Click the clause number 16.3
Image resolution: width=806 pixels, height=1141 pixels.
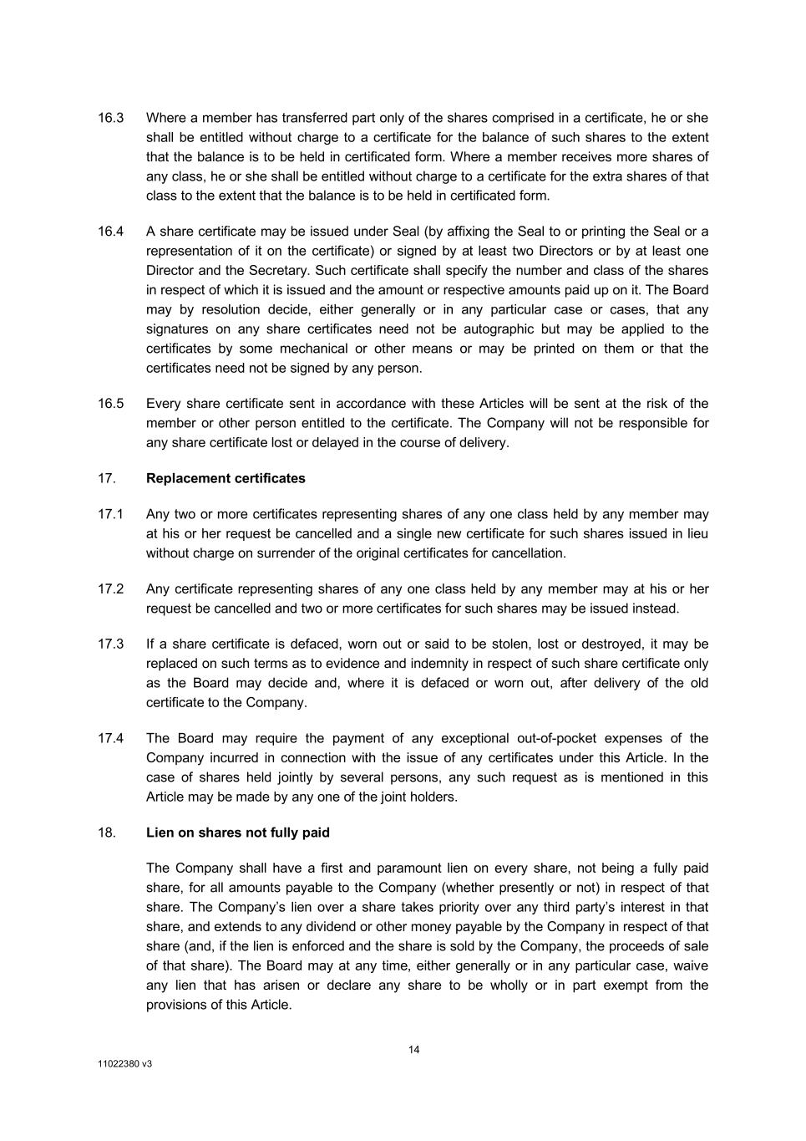[110, 118]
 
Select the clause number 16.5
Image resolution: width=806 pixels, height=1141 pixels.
[110, 404]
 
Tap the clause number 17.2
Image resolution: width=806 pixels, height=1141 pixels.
[110, 589]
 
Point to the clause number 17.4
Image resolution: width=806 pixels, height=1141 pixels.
[110, 739]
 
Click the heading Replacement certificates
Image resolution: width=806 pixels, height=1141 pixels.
[226, 479]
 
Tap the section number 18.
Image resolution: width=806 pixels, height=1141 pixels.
[107, 833]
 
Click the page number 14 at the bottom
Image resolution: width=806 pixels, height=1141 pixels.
[414, 1051]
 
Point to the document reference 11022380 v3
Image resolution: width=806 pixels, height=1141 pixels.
[125, 1066]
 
